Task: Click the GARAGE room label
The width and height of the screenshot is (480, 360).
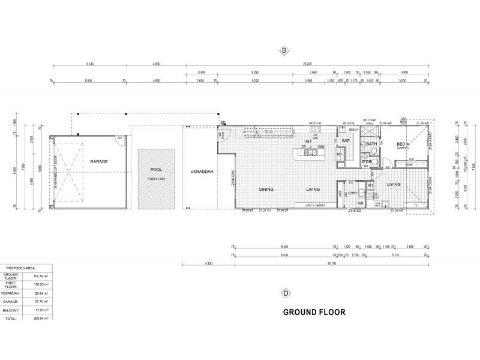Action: click(x=98, y=162)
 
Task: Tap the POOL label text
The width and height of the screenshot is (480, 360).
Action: click(x=156, y=170)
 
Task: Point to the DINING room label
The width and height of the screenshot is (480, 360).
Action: click(x=266, y=190)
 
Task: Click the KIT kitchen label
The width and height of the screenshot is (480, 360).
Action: click(x=308, y=142)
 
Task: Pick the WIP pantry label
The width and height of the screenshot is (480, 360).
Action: click(x=346, y=141)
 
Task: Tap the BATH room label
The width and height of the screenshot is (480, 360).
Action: click(x=371, y=144)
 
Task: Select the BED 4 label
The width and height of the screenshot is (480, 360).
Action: click(x=402, y=144)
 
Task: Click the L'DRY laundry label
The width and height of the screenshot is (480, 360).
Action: click(x=353, y=193)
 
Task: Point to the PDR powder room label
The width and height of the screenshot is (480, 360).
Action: click(x=367, y=162)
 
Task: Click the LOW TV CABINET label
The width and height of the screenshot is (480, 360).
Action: click(x=316, y=206)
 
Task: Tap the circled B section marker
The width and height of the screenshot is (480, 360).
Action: click(x=284, y=51)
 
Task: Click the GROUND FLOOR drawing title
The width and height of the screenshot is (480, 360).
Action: click(x=314, y=312)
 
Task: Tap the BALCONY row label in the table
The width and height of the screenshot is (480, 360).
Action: click(x=12, y=310)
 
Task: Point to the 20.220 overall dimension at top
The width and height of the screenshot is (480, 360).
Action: click(x=307, y=64)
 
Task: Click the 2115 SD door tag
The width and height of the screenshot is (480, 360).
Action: click(x=355, y=211)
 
